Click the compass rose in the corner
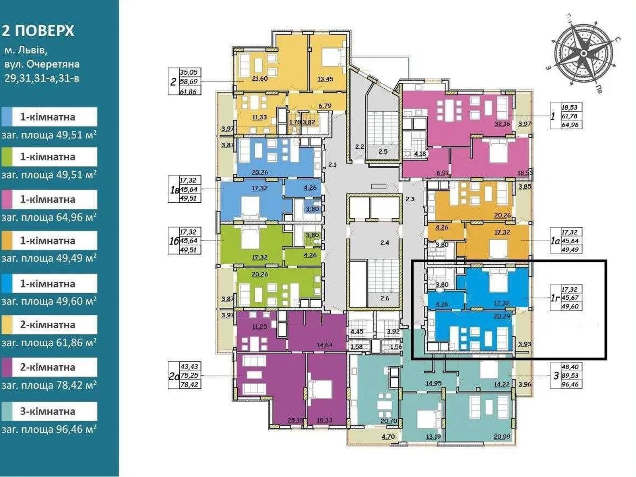pyautogui.click(x=583, y=53)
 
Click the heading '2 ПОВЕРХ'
pyautogui.click(x=38, y=31)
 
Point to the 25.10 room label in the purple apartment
pyautogui.click(x=295, y=420)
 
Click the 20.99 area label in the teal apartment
pyautogui.click(x=502, y=436)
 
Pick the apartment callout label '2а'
pyautogui.click(x=174, y=376)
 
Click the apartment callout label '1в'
pyautogui.click(x=174, y=189)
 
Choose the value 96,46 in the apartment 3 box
pyautogui.click(x=572, y=384)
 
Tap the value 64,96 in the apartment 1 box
pyautogui.click(x=570, y=125)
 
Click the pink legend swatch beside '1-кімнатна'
pyautogui.click(x=11, y=199)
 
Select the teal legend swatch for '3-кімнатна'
pyautogui.click(x=11, y=411)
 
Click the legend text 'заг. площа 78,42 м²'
pyautogui.click(x=49, y=385)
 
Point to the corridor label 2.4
pyautogui.click(x=384, y=242)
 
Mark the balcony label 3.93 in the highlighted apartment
pyautogui.click(x=524, y=344)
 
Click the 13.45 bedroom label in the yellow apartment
pyautogui.click(x=325, y=79)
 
